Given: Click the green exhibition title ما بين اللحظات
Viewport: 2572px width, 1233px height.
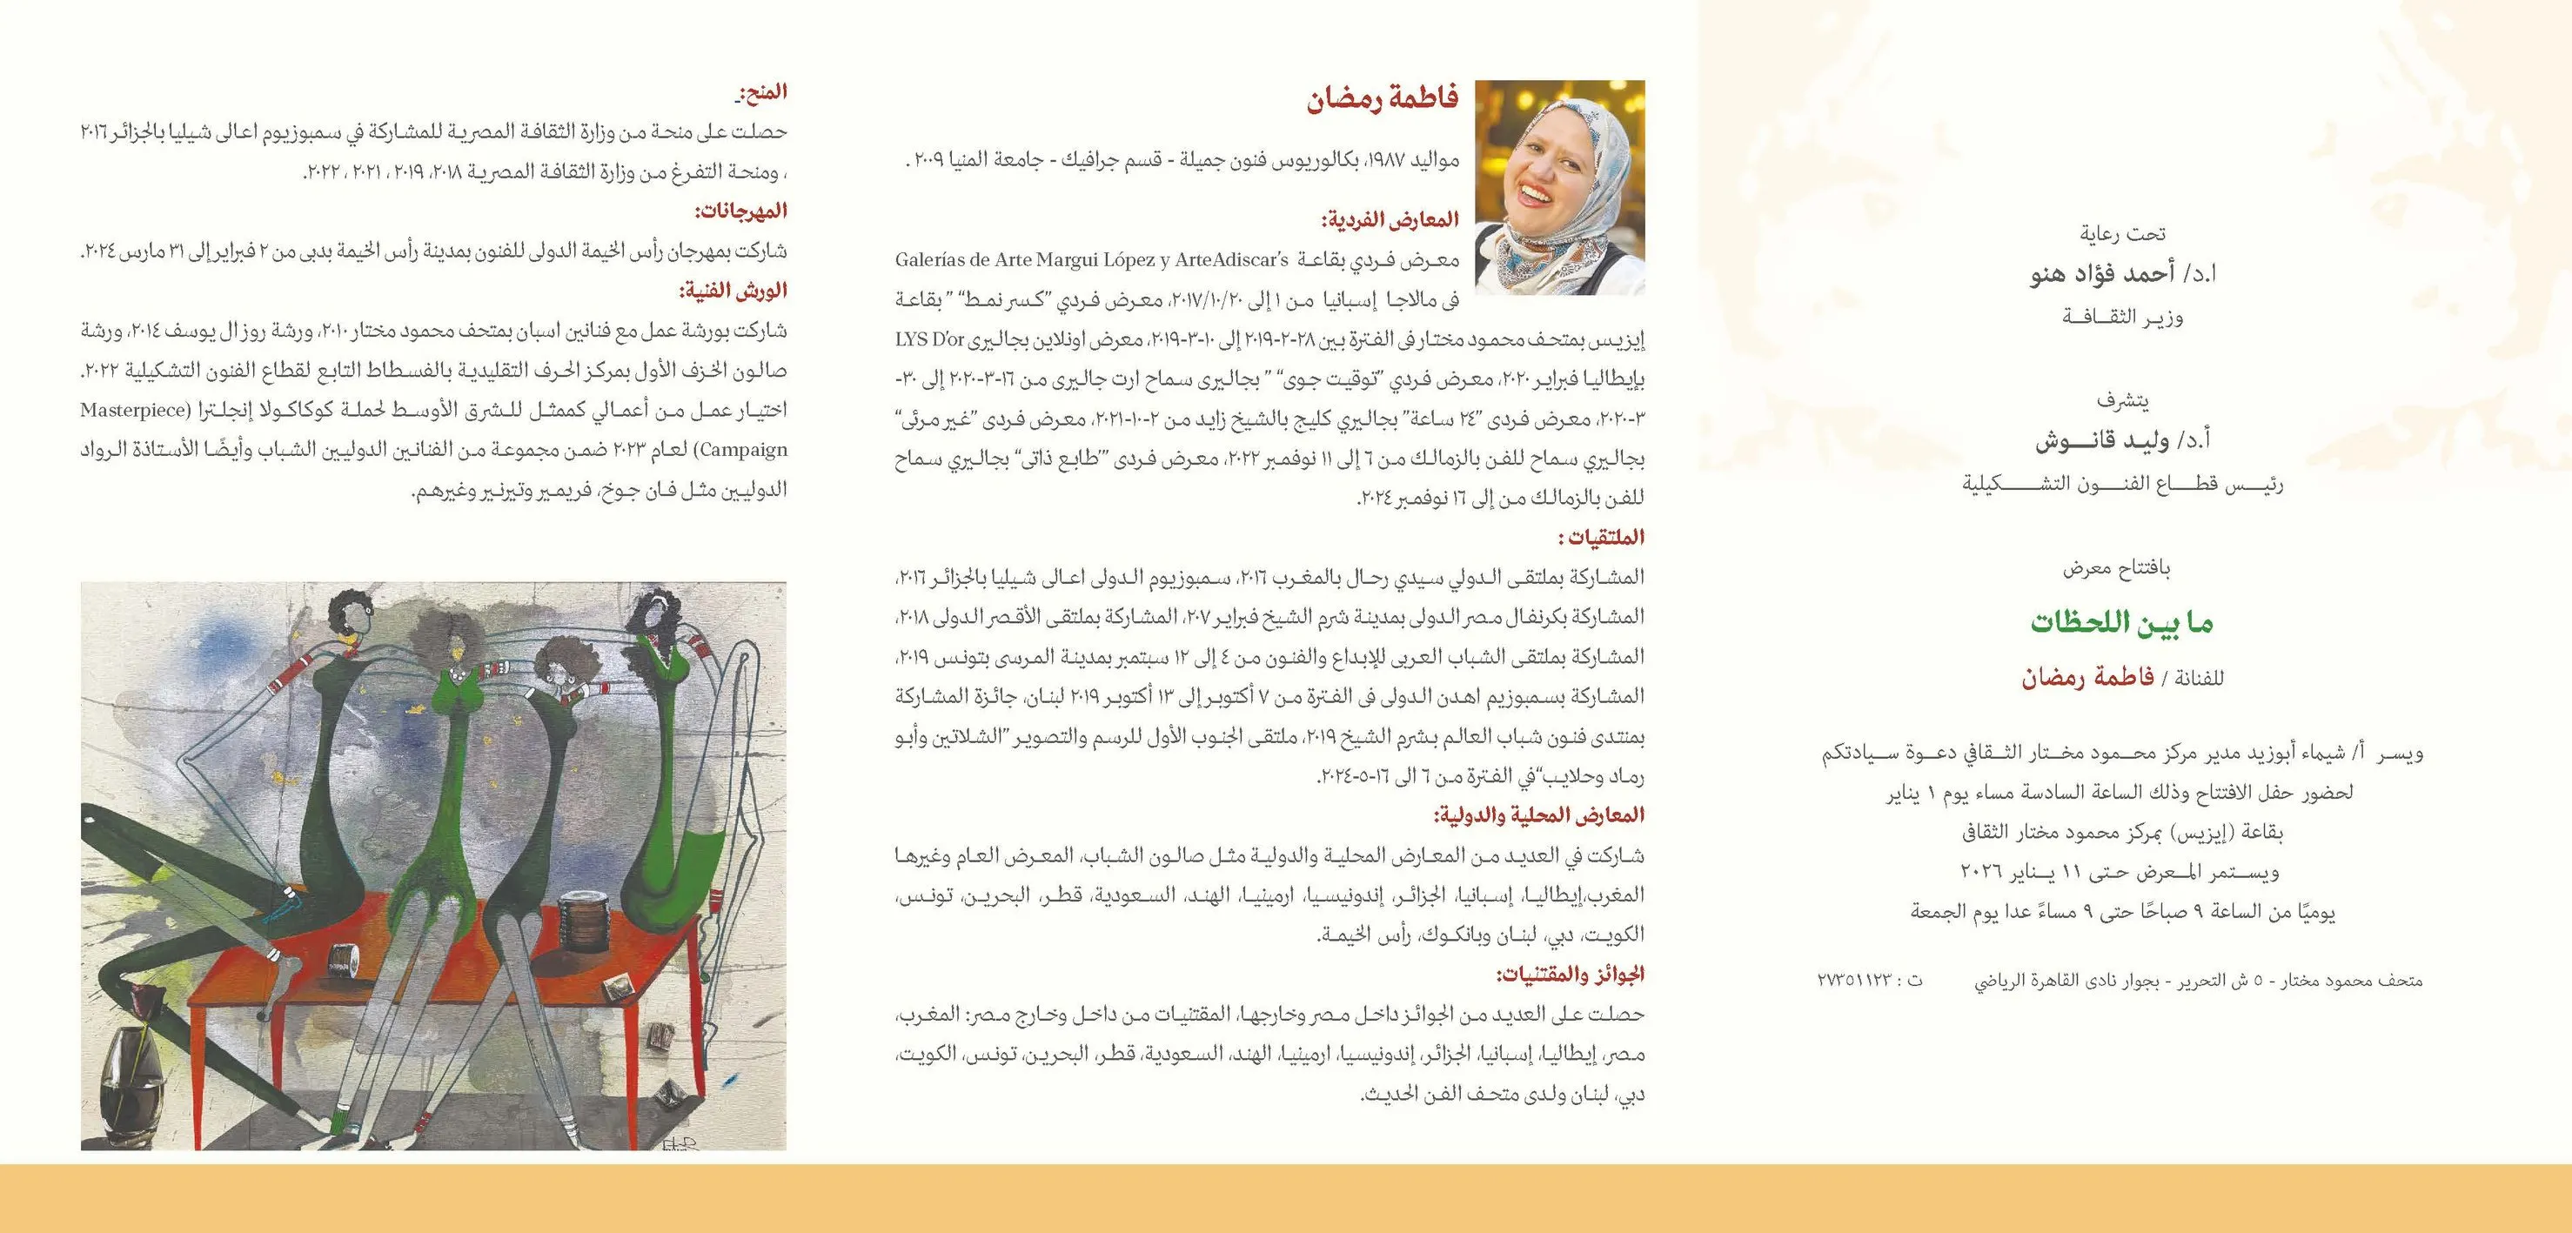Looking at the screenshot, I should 2121,623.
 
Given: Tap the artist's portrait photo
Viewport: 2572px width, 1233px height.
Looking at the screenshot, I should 1559,187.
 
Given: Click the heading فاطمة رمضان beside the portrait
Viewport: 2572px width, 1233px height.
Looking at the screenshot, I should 1383,100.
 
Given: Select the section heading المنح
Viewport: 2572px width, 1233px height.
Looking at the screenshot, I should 763,92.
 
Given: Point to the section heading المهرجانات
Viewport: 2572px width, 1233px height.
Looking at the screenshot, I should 740,211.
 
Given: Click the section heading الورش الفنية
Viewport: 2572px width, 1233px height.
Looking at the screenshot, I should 733,291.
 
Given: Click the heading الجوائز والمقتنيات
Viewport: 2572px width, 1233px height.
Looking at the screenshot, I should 1570,974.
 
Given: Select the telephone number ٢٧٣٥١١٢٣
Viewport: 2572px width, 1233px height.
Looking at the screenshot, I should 1854,981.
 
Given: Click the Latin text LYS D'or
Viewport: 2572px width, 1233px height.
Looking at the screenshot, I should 929,339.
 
